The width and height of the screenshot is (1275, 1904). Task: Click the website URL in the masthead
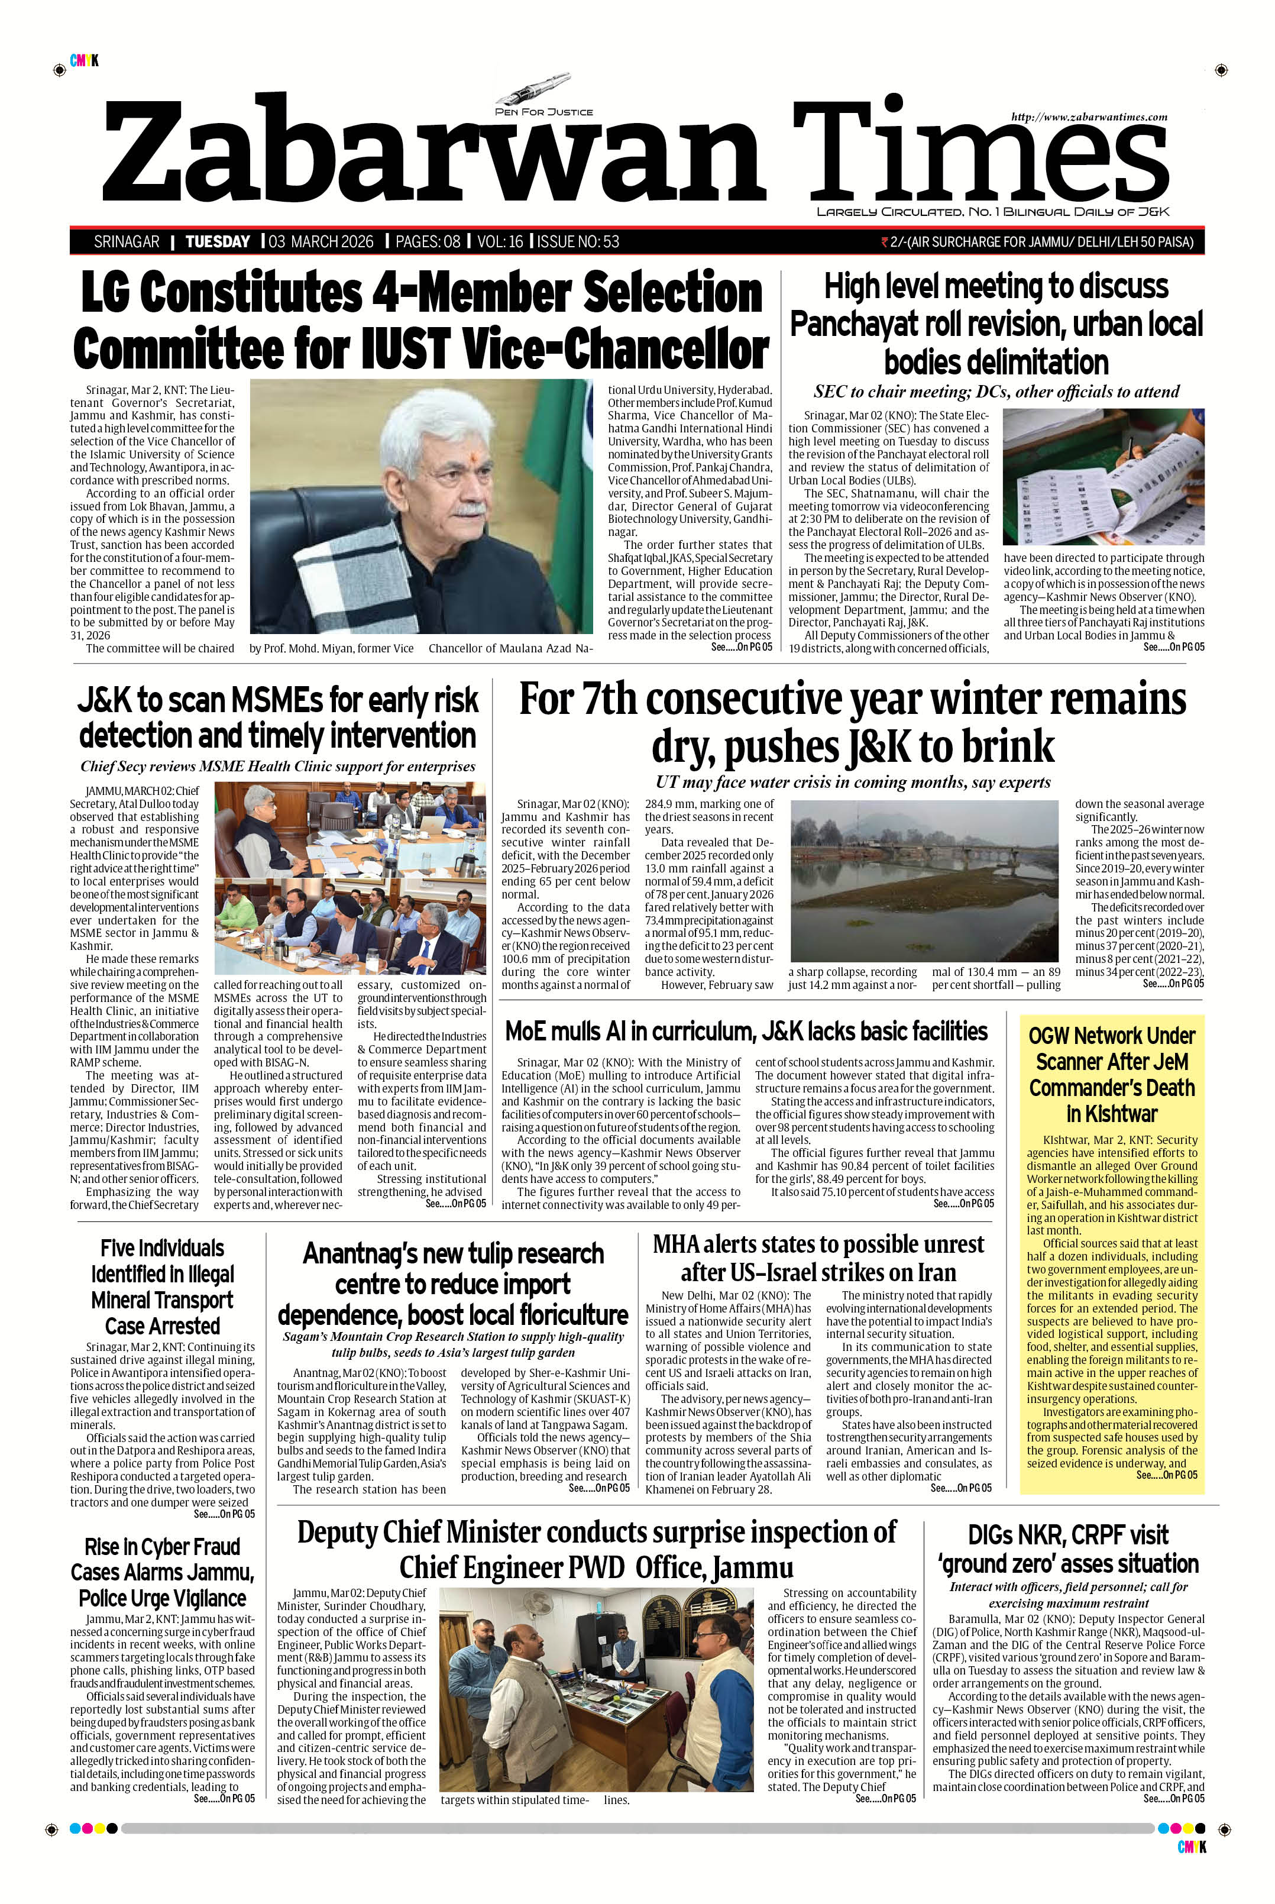[1089, 117]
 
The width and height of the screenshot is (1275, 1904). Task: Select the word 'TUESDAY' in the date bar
[217, 241]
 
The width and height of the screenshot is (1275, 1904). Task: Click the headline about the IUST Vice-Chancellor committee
[420, 321]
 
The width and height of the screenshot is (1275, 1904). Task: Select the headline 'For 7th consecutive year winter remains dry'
[852, 722]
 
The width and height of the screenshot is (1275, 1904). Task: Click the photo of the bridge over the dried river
[923, 880]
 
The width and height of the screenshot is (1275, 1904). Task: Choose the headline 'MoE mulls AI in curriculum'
[746, 1030]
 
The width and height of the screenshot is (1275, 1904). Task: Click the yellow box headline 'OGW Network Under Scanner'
[1112, 1074]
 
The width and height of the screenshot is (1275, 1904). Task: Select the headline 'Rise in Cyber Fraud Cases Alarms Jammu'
[163, 1572]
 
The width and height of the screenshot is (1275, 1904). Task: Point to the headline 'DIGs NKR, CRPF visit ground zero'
[1069, 1550]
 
